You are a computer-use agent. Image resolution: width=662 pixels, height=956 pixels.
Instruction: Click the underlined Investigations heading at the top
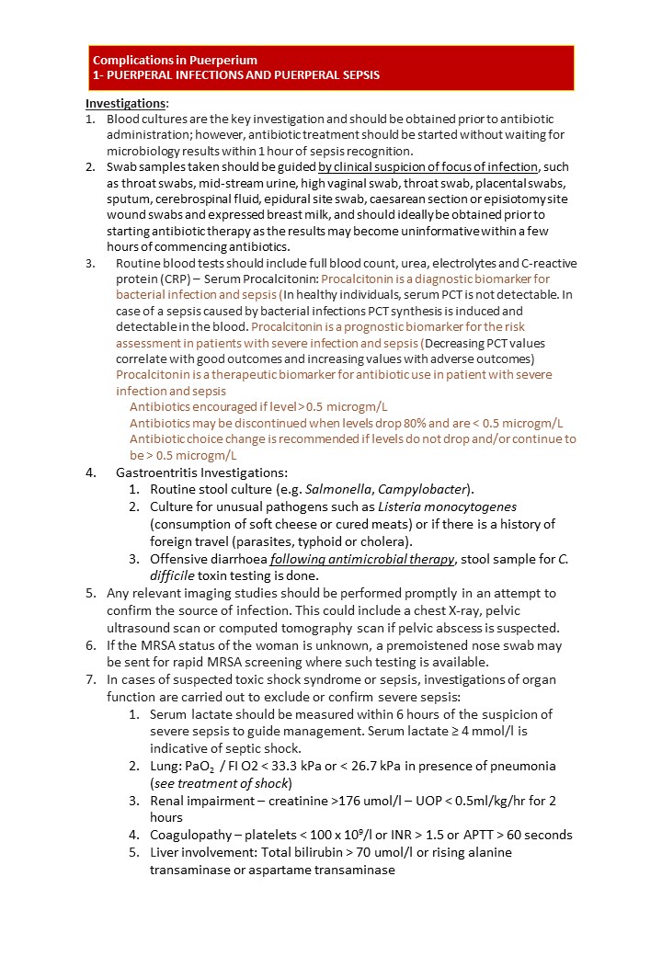[126, 103]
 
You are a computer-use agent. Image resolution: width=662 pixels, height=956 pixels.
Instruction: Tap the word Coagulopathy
[194, 835]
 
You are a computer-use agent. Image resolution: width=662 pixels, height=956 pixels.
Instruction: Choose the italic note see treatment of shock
[221, 783]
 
